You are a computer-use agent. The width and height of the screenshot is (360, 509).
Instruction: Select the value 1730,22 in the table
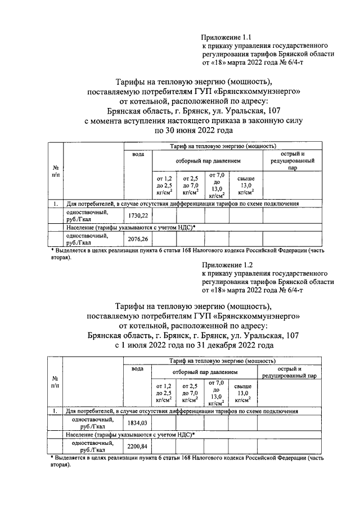point(138,216)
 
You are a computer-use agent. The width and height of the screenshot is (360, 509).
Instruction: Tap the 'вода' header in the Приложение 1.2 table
point(137,368)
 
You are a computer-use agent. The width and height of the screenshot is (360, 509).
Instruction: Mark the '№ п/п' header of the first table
point(56,172)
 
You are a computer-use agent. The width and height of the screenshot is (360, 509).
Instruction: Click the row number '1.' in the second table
point(56,412)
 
